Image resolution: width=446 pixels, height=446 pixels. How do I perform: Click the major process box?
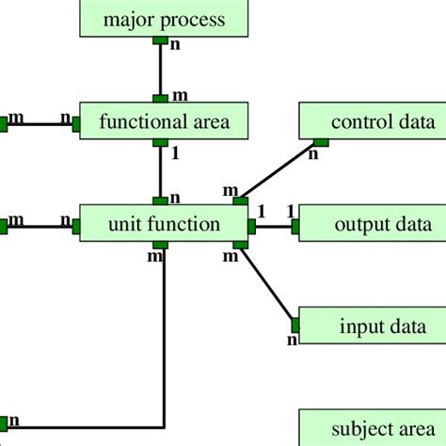[x=164, y=19]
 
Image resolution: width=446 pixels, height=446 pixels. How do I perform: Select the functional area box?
[x=164, y=121]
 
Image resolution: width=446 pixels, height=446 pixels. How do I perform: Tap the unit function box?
[x=164, y=224]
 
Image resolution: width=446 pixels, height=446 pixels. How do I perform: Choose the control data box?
[x=373, y=121]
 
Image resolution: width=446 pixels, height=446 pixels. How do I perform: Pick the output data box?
[x=373, y=225]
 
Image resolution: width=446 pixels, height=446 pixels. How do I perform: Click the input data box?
[x=373, y=327]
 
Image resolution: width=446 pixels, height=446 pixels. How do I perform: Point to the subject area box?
[x=373, y=429]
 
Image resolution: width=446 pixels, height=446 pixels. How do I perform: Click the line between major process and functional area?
[x=161, y=69]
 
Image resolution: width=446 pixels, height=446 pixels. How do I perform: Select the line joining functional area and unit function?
[x=161, y=170]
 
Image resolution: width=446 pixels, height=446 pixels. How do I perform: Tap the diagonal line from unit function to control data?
[x=280, y=171]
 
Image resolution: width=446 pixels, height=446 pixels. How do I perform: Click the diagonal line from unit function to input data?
[x=268, y=288]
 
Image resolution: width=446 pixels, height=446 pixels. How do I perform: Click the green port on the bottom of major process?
[x=161, y=41]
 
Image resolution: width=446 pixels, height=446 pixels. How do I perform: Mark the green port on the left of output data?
[x=295, y=226]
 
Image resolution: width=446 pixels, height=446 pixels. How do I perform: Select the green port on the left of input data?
[x=295, y=326]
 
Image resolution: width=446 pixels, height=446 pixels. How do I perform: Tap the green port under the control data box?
[x=320, y=143]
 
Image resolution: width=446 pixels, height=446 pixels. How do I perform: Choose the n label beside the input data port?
[x=292, y=340]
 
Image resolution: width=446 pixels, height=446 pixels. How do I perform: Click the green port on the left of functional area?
[x=75, y=121]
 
